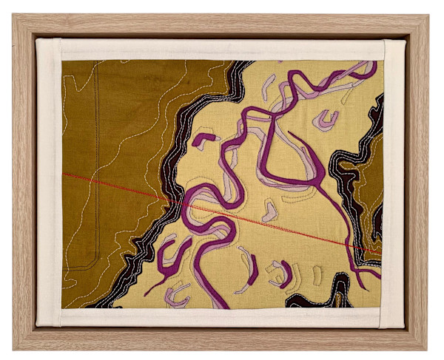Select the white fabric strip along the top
222,49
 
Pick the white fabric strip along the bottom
222,317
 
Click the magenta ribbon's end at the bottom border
223,305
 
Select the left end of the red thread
64,174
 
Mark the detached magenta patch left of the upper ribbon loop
203,140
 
